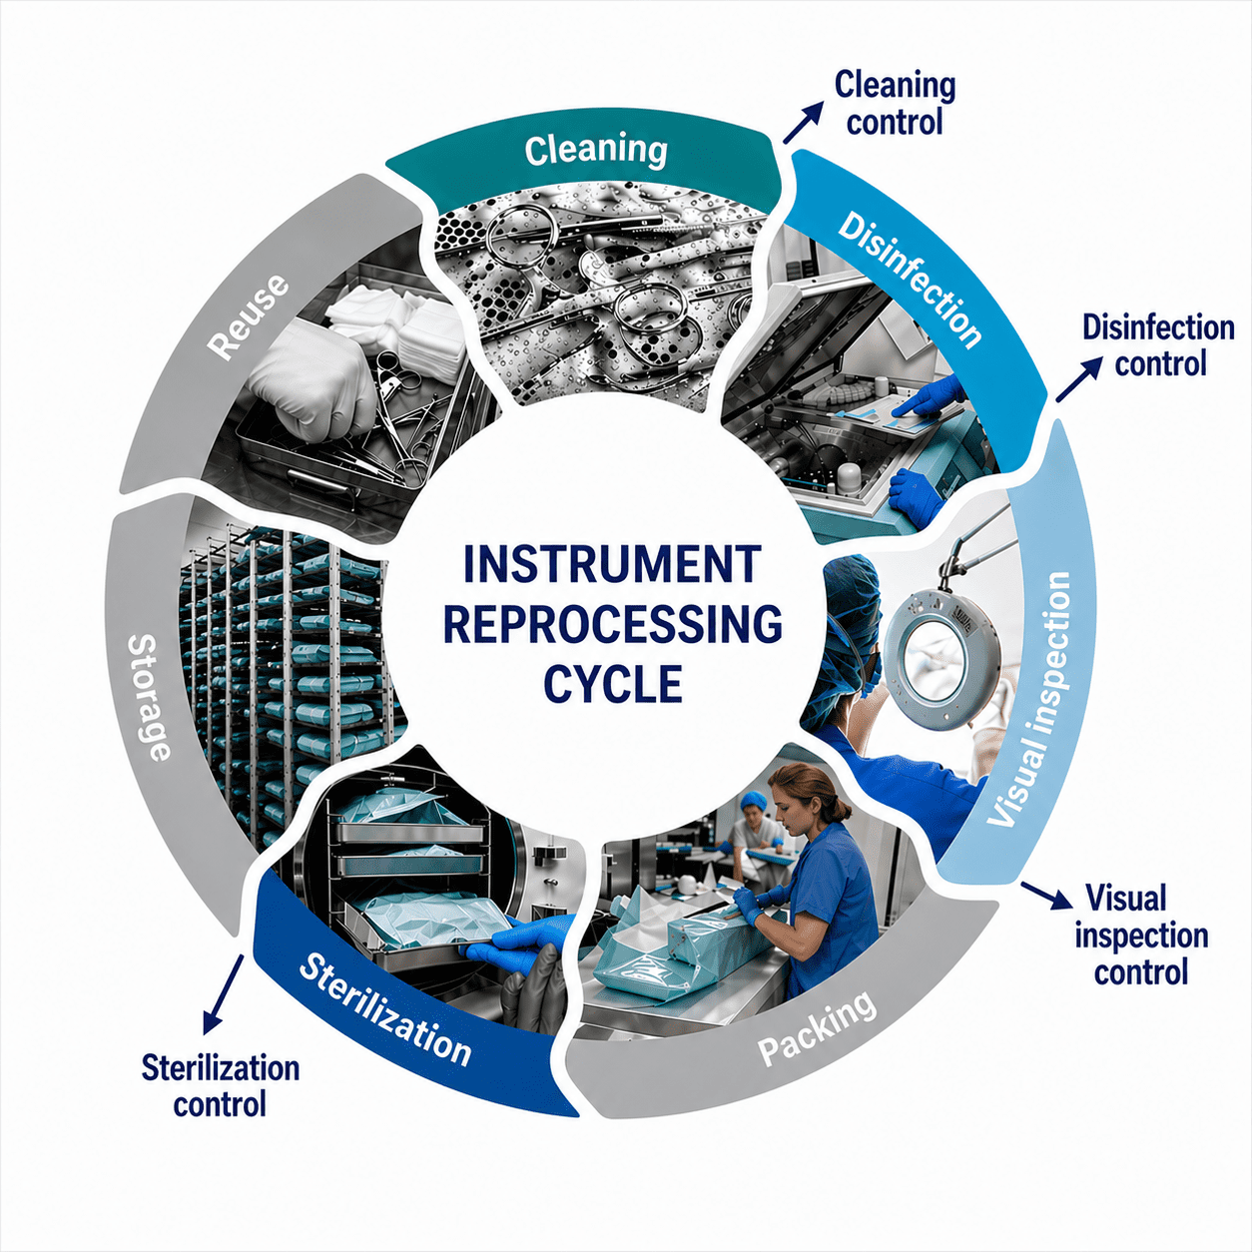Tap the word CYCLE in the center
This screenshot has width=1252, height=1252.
coord(613,683)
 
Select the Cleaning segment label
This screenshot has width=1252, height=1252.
coord(596,150)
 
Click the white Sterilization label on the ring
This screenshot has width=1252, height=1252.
coord(384,1014)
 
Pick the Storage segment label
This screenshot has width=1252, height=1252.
coord(150,696)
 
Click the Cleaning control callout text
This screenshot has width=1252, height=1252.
coord(895,103)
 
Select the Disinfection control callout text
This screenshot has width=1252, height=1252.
coord(1158,345)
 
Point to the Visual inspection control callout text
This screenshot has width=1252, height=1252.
coord(1141,937)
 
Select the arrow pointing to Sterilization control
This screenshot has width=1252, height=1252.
coord(223,992)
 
